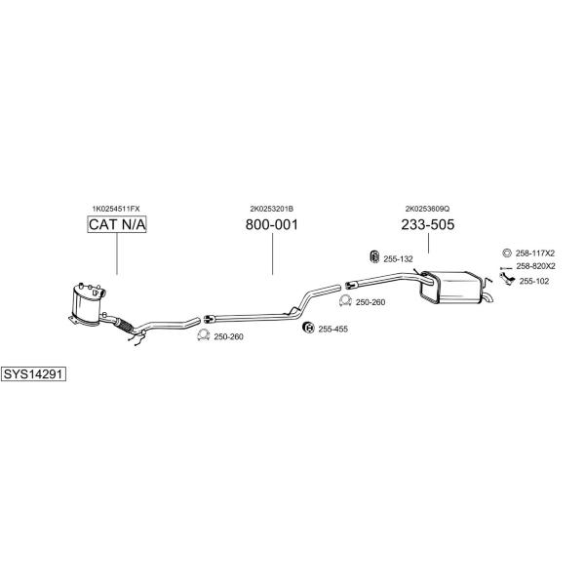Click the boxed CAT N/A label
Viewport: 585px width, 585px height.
[117, 224]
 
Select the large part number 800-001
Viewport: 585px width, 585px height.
[272, 224]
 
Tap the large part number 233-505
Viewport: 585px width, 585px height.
[428, 224]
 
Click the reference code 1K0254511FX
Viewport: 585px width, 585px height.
[116, 209]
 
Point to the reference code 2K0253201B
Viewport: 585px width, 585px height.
[272, 209]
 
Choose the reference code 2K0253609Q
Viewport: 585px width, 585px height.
[428, 209]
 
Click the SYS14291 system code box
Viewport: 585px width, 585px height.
[33, 373]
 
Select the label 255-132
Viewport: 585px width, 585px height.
[398, 259]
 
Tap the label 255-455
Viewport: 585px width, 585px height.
[332, 330]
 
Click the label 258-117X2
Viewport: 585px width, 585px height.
[535, 253]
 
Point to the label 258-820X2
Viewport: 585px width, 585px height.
[535, 266]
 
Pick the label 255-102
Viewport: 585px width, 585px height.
[534, 282]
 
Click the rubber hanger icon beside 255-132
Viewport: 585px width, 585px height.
[374, 256]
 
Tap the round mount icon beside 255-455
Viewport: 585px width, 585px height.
[308, 328]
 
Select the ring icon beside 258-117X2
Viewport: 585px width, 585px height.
[507, 253]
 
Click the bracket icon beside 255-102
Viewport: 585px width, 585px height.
[507, 279]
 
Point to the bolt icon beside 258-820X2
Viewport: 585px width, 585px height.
[506, 268]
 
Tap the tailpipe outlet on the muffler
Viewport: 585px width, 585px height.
[487, 298]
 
